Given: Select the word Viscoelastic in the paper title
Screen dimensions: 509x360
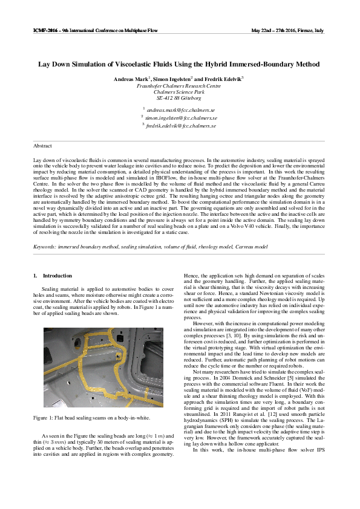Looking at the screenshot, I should pyautogui.click(x=140, y=63).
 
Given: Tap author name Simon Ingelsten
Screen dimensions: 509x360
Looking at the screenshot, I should pyautogui.click(x=172, y=80).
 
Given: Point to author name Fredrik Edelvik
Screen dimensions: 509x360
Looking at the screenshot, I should pyautogui.click(x=220, y=80).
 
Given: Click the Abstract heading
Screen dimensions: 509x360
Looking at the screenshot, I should pyautogui.click(x=42, y=146).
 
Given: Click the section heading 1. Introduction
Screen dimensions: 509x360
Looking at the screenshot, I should pyautogui.click(x=53, y=276).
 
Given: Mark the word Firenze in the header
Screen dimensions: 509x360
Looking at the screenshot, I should pyautogui.click(x=307, y=30).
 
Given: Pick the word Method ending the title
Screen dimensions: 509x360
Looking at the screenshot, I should pyautogui.click(x=306, y=63).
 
